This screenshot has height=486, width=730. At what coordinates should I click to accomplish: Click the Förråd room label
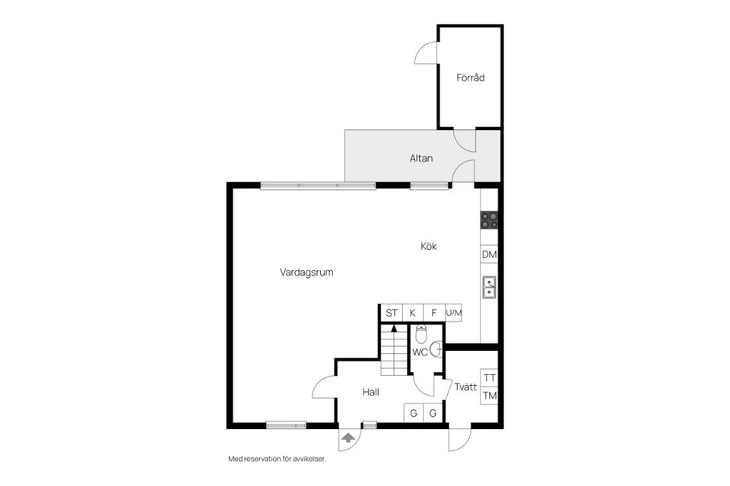pos(470,77)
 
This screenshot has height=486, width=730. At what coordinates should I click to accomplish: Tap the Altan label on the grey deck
pos(421,158)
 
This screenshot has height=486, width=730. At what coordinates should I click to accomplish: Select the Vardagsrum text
pos(306,273)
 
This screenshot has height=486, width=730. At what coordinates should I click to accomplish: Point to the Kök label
pos(428,247)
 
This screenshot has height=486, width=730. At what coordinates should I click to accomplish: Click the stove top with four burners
pos(489,220)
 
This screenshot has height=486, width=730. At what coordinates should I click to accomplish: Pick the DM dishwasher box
pos(489,254)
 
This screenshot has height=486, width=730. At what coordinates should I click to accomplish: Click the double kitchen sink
pos(489,286)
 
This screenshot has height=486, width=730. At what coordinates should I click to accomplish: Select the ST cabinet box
pos(392,313)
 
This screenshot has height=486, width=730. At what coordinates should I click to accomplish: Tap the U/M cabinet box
pos(453,313)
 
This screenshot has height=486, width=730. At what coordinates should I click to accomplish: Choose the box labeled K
pos(413,313)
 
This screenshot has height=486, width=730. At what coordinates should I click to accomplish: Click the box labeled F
pos(434,313)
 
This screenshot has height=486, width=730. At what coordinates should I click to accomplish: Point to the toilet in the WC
pos(421,334)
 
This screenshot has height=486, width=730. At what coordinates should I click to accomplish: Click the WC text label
pos(420,352)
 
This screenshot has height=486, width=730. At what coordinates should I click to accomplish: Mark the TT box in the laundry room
pos(489,377)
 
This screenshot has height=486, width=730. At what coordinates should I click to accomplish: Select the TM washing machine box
pos(489,396)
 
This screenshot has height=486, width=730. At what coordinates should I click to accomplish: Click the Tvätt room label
pos(465,387)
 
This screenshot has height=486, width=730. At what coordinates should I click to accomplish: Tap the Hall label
pos(371,393)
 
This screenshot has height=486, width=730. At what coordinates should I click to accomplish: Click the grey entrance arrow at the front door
pos(348,437)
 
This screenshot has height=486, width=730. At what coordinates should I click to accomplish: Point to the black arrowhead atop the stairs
pos(395,328)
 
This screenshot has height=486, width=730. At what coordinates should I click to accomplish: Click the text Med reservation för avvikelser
pos(277,459)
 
